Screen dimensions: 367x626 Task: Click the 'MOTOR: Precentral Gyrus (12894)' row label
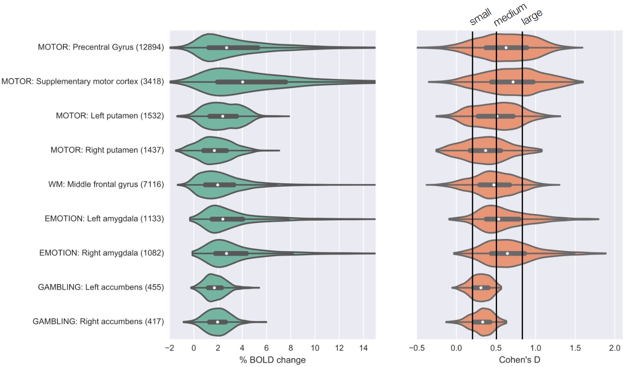[x=101, y=47]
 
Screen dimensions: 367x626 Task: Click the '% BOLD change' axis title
[x=273, y=359]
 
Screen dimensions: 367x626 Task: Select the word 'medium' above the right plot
[x=510, y=14]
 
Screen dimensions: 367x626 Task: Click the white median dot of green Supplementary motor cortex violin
[x=242, y=82]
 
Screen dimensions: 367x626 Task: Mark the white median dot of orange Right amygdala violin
[x=507, y=253]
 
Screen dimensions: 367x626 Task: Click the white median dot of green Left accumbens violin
[x=214, y=288]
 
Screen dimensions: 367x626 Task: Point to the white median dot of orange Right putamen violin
[x=485, y=150]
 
